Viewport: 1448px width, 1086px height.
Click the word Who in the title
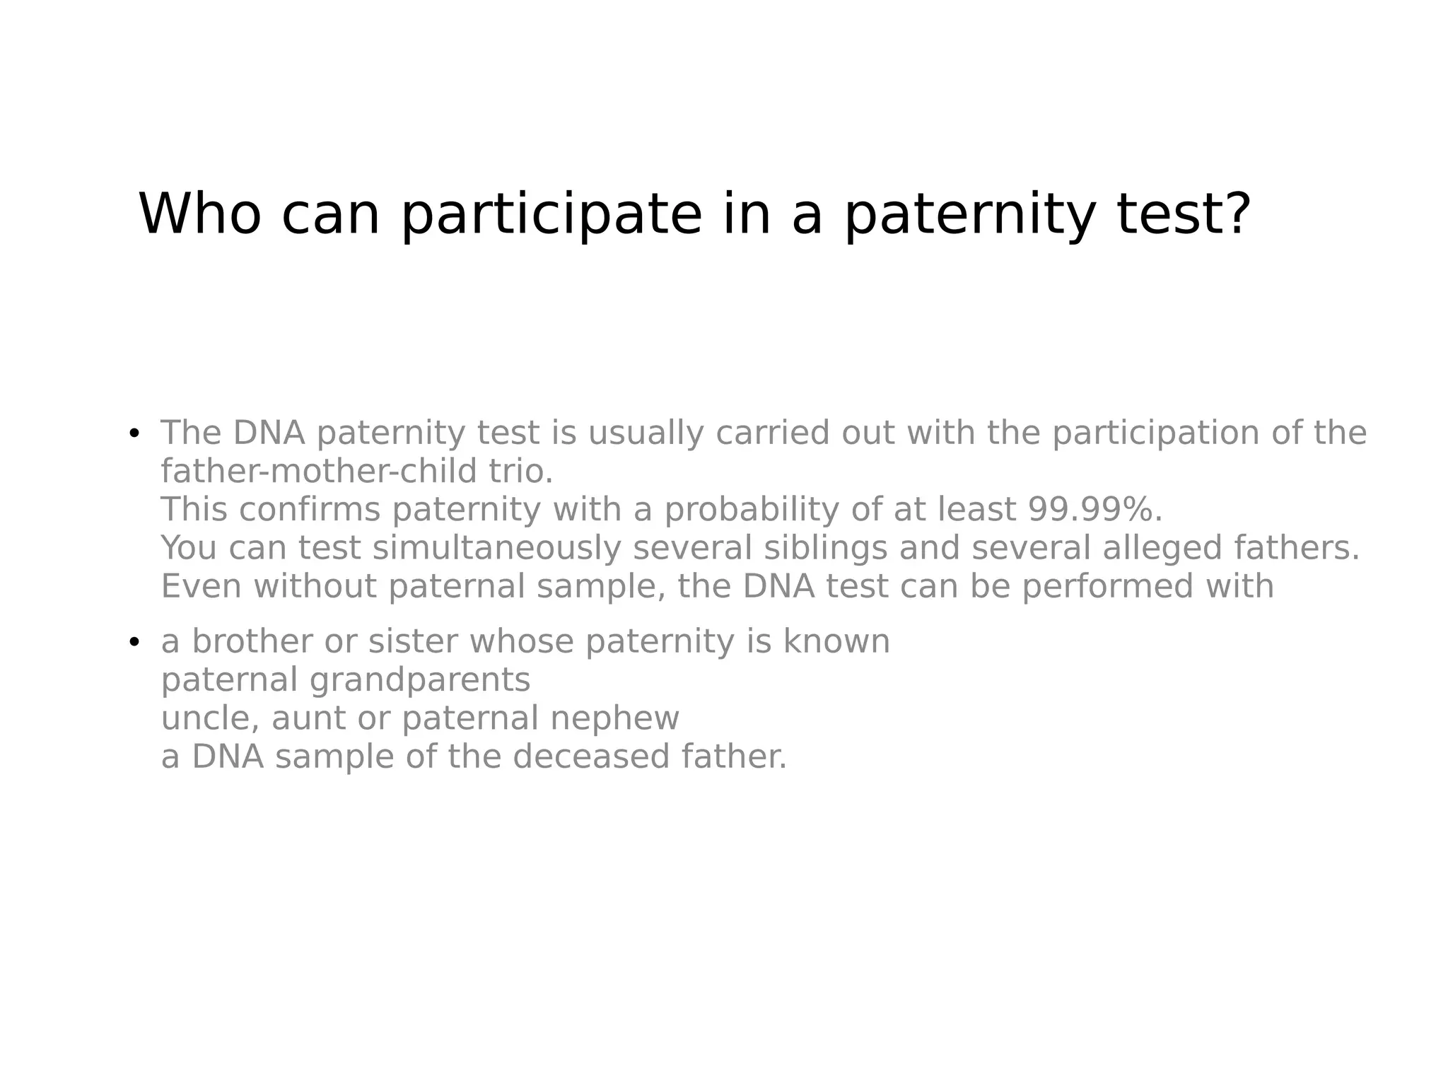click(x=200, y=214)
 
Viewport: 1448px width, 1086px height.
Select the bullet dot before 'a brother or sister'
click(x=134, y=642)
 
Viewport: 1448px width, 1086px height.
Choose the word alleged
click(x=1162, y=549)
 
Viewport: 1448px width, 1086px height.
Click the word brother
click(x=252, y=642)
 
